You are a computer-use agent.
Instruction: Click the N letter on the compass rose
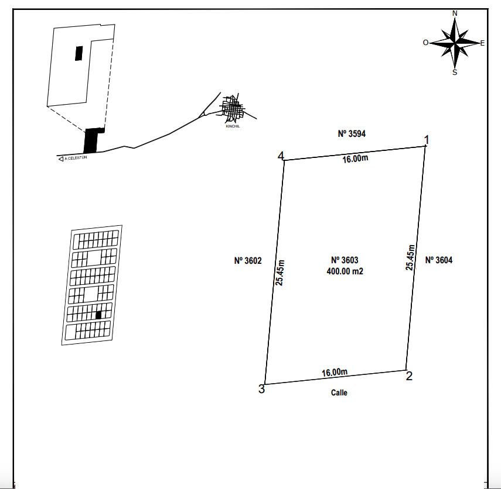pyautogui.click(x=455, y=13)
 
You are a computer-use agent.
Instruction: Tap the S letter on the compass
pyautogui.click(x=455, y=73)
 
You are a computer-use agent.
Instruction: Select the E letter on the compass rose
pyautogui.click(x=482, y=43)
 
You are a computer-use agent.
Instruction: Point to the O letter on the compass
pyautogui.click(x=425, y=43)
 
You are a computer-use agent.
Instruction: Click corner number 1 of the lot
pyautogui.click(x=425, y=146)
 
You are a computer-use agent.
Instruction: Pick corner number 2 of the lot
pyautogui.click(x=406, y=370)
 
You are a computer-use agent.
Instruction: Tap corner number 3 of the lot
pyautogui.click(x=265, y=384)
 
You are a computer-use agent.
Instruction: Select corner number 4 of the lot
pyautogui.click(x=284, y=160)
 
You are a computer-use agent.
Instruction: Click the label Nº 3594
pyautogui.click(x=352, y=133)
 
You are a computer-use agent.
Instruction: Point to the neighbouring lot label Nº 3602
pyautogui.click(x=248, y=261)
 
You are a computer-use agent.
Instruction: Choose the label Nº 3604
pyautogui.click(x=439, y=260)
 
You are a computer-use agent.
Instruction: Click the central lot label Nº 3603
pyautogui.click(x=345, y=260)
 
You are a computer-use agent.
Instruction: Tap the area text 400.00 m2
pyautogui.click(x=345, y=271)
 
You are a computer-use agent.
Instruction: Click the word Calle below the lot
pyautogui.click(x=339, y=392)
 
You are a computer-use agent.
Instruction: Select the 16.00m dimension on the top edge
pyautogui.click(x=355, y=159)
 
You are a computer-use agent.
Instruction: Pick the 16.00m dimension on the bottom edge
pyautogui.click(x=335, y=372)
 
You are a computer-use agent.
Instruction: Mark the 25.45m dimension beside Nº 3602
pyautogui.click(x=280, y=273)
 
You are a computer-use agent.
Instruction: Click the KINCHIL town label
pyautogui.click(x=233, y=126)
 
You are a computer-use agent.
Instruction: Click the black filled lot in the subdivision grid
pyautogui.click(x=98, y=315)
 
